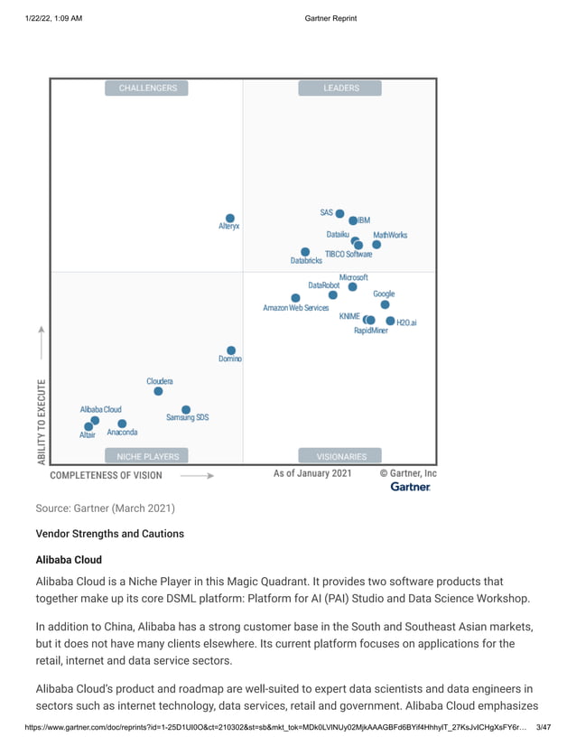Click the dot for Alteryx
[x=230, y=219]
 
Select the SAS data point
[x=339, y=214]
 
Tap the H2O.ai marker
[x=390, y=321]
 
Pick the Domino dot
[x=231, y=350]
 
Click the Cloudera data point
[x=158, y=391]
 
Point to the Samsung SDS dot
[x=186, y=410]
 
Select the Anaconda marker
[x=122, y=424]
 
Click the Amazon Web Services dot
[x=295, y=298]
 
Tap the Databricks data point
[x=305, y=252]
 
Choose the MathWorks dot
[x=376, y=245]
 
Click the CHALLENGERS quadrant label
[x=147, y=88]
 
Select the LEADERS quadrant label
[x=341, y=88]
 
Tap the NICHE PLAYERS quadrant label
[x=147, y=456]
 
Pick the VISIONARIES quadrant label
[x=341, y=456]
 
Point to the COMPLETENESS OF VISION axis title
[x=106, y=475]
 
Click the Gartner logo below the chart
[x=410, y=487]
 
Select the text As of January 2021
[x=312, y=473]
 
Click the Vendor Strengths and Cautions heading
[x=109, y=534]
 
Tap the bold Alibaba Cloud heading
[x=69, y=560]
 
